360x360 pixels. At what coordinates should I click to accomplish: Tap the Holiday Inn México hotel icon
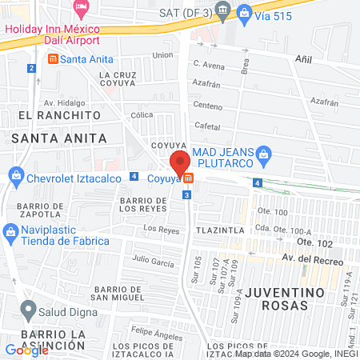tap(81, 6)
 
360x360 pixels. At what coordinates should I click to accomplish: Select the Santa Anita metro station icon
tap(53, 59)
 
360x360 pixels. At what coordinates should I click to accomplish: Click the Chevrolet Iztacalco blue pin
tap(15, 175)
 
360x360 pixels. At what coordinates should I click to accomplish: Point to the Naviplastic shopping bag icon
tap(10, 233)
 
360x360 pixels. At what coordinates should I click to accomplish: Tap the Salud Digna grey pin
tap(29, 309)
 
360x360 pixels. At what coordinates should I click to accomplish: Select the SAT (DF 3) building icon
tap(222, 12)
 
